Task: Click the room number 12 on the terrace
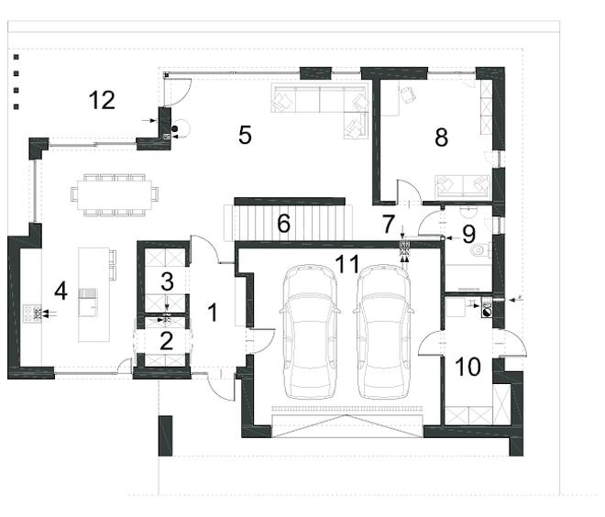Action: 102,100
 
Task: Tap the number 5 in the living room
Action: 245,135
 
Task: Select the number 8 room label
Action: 442,137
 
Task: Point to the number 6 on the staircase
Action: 283,223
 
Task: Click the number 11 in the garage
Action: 347,264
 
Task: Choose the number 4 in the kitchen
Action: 61,291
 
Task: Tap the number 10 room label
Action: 468,366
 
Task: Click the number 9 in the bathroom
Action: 468,234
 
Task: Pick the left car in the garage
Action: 311,332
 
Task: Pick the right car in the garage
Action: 385,332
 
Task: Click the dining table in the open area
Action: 115,194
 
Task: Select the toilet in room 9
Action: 480,250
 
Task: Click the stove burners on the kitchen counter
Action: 32,313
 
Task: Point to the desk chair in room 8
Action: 409,95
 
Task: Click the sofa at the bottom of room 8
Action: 463,187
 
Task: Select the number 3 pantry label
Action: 167,281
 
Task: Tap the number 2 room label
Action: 166,341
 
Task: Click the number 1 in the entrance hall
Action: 213,313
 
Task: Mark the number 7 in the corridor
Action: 388,224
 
